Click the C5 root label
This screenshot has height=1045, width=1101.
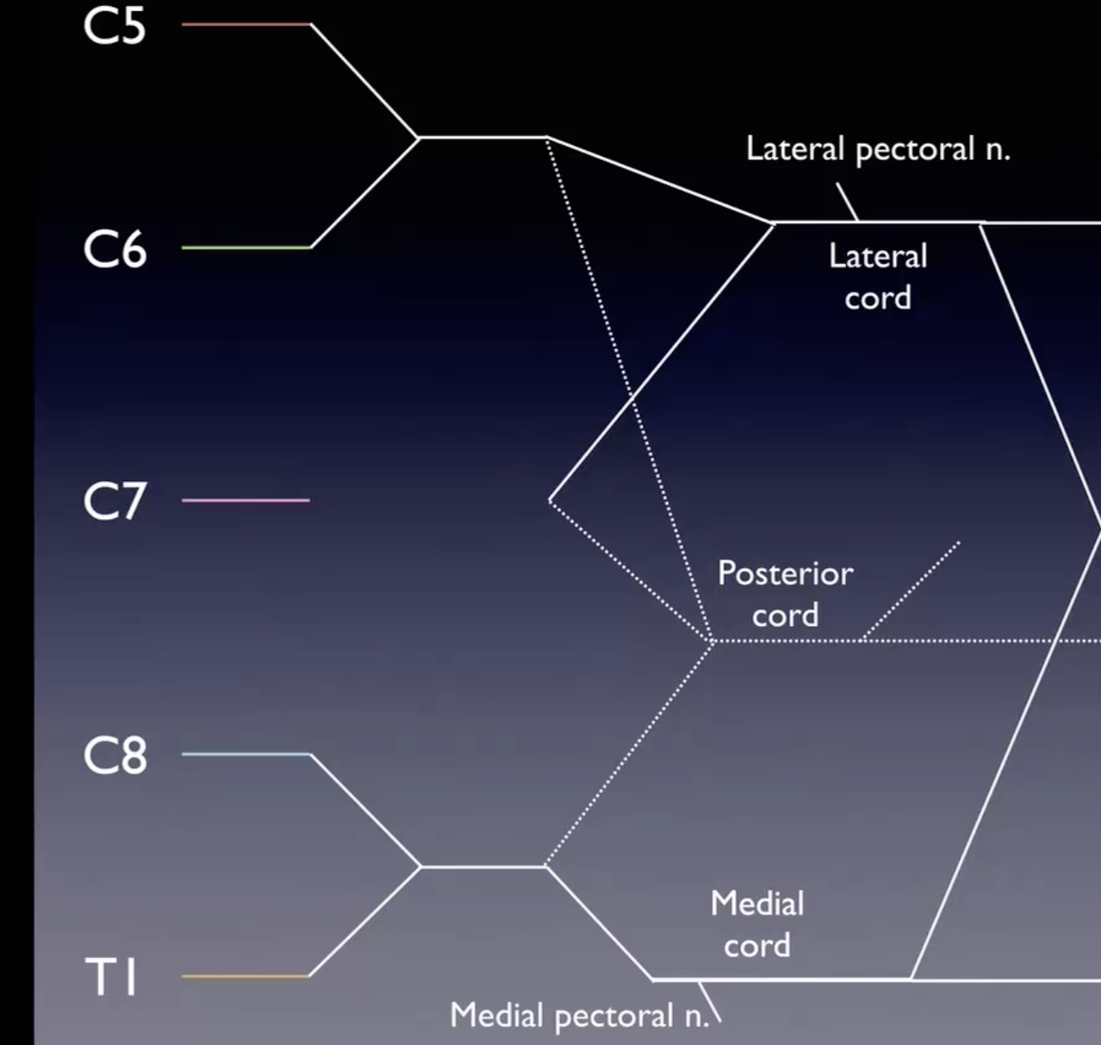point(115,26)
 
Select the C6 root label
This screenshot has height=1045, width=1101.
point(115,250)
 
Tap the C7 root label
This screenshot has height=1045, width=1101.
point(115,501)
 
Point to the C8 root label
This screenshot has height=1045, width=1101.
point(115,755)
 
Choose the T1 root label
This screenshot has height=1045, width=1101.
point(112,978)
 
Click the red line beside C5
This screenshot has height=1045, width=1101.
point(246,24)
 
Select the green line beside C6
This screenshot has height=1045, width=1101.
point(246,247)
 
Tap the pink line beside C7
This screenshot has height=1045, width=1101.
point(246,500)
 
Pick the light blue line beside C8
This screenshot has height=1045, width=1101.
point(246,754)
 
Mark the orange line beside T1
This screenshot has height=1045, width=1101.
point(246,976)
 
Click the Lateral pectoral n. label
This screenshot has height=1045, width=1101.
point(877,150)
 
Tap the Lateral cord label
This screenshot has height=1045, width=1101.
point(878,277)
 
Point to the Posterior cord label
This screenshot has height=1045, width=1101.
point(785,594)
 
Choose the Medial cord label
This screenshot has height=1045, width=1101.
point(757,924)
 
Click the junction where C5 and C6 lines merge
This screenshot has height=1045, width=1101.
point(419,137)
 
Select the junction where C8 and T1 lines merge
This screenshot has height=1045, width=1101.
point(421,867)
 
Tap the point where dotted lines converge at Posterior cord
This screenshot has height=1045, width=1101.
point(712,641)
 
